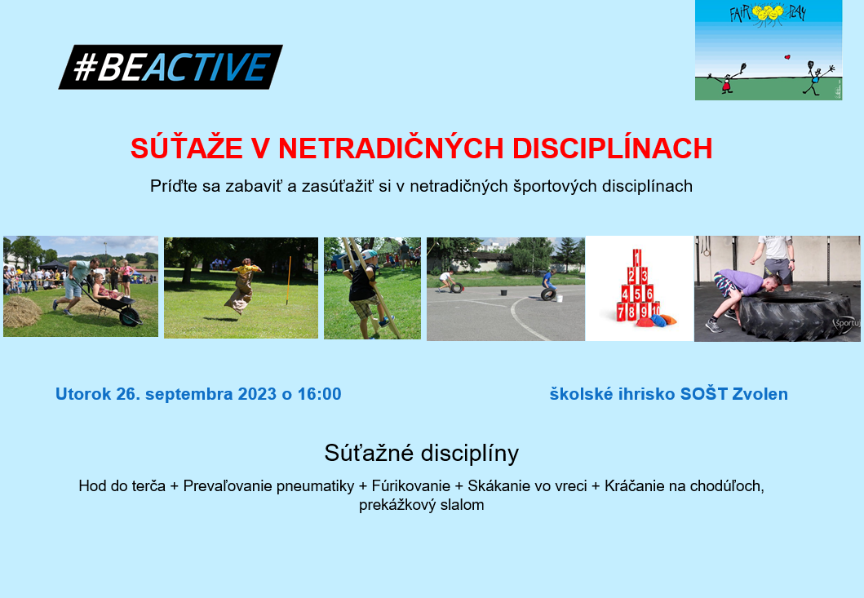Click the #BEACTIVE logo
click(171, 67)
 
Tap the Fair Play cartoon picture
click(768, 50)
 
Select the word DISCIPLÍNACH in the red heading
click(612, 148)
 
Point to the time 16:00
click(320, 394)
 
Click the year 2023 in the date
click(257, 394)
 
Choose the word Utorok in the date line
click(83, 394)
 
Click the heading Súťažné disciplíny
click(422, 453)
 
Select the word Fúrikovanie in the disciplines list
click(411, 485)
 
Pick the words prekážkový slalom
click(422, 505)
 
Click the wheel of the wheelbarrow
click(130, 317)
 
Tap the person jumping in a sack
click(241, 286)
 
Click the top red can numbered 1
click(637, 258)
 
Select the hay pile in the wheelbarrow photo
click(22, 312)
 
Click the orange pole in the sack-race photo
click(288, 280)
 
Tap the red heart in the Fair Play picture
click(786, 57)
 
